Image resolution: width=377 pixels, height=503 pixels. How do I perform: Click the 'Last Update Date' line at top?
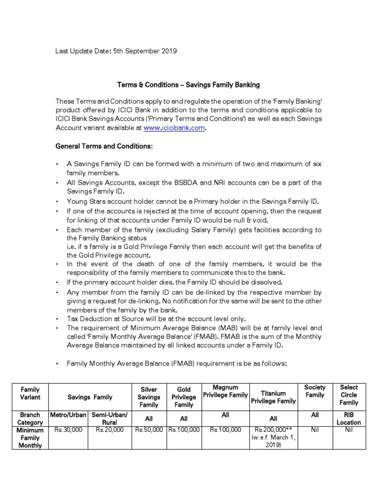point(116,51)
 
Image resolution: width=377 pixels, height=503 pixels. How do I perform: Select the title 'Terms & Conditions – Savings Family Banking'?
point(188,85)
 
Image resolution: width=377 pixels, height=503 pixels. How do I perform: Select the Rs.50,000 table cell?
point(149,430)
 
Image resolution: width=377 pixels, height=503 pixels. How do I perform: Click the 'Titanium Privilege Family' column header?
point(273,397)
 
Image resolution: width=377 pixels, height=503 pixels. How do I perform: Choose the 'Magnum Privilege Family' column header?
point(225,392)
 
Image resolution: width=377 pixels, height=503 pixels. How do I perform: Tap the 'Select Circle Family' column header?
point(349,395)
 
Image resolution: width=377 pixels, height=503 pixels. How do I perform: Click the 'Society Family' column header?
point(315,391)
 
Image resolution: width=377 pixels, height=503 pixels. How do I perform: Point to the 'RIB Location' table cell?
point(349,419)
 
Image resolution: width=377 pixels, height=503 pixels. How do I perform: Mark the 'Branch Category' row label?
point(30,419)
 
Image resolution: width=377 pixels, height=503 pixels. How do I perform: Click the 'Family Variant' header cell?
point(30,393)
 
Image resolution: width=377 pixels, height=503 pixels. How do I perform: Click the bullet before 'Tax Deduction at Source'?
point(57,319)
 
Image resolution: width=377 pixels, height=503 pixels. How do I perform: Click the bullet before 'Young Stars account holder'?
point(57,202)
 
